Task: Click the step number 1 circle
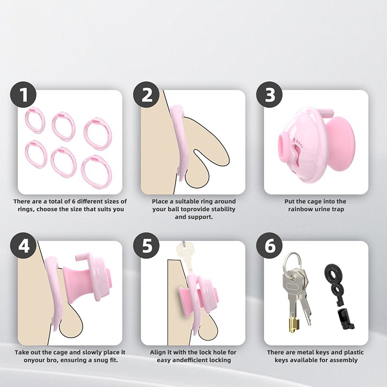23,95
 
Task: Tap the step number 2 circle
147,95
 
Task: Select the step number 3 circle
269,95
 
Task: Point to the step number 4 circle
23,246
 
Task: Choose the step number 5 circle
147,246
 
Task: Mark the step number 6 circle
269,246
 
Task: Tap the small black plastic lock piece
345,318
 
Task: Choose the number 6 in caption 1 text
74,201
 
